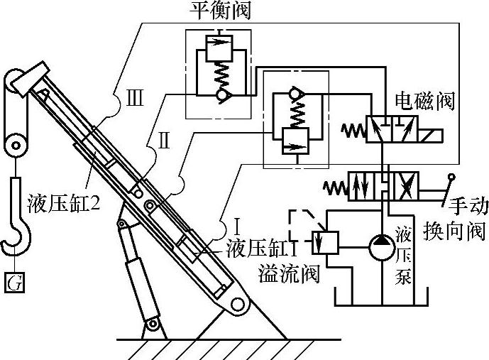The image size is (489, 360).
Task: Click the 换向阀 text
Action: pos(454,232)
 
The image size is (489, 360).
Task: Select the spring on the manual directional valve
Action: pos(333,187)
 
